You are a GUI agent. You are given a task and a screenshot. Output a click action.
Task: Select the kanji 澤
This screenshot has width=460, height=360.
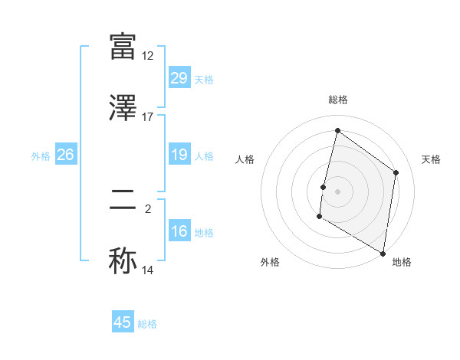pos(123,108)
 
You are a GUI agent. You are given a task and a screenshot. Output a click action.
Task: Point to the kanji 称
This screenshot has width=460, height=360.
pos(123,260)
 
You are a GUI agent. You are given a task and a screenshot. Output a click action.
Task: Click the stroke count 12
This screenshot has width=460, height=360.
pos(148,56)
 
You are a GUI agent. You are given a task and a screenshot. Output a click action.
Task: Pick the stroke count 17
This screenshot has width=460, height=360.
pos(148,117)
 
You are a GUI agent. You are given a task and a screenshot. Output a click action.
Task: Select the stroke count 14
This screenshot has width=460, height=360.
pos(148,270)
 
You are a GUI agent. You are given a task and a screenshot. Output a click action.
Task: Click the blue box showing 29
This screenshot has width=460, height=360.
pos(179,78)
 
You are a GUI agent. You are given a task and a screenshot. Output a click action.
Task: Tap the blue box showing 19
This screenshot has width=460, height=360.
pos(179,155)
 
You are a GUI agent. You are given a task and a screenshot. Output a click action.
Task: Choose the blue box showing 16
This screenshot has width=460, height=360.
pos(179,231)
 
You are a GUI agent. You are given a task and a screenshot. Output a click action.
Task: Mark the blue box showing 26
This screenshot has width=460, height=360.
pos(65,155)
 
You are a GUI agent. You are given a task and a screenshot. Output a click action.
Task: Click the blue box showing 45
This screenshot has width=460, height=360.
pos(123,322)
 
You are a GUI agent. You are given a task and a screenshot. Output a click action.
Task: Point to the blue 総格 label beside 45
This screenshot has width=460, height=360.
pos(147,324)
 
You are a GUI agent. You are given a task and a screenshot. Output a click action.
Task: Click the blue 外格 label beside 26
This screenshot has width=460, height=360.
pos(41,156)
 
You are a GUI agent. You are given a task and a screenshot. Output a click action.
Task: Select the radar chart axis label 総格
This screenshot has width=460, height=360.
pos(338,100)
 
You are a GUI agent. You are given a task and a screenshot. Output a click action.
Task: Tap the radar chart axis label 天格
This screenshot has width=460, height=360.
pos(431,159)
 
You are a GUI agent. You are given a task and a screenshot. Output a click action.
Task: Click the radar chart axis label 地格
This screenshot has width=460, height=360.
pos(402,262)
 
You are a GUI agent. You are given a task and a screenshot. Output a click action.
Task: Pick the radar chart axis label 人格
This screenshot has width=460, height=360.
pos(245,159)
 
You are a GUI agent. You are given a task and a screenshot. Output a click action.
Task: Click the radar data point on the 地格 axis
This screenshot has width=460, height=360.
pos(383,253)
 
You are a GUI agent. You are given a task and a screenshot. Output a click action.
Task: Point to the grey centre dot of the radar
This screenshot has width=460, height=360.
pos(338,191)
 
